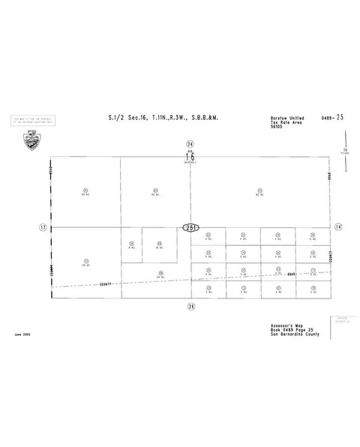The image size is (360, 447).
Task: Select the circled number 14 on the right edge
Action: coord(338,226)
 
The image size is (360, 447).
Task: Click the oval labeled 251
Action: coord(190,226)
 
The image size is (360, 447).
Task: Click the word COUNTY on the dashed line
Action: coord(104,284)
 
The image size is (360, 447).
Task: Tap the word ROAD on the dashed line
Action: coord(292,275)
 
